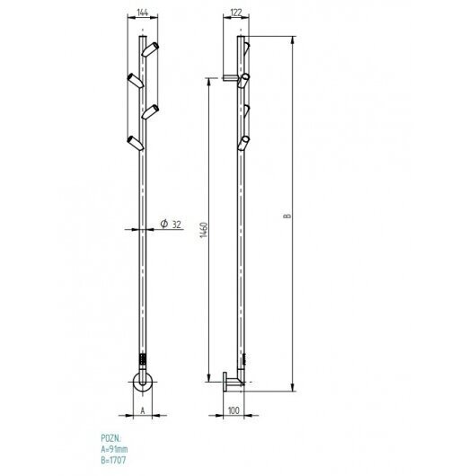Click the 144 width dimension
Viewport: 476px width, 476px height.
click(143, 13)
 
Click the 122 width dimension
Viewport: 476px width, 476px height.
click(236, 13)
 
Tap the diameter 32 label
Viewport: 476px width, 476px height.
click(171, 224)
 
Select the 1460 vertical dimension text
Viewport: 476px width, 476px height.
click(204, 230)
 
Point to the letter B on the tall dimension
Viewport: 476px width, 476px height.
click(286, 216)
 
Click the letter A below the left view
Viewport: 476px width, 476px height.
click(143, 410)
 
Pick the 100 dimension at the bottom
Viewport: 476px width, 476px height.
click(234, 410)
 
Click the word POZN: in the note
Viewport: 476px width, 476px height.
click(110, 438)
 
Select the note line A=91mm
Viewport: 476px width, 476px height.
click(114, 449)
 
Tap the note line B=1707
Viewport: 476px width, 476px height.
click(113, 460)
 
